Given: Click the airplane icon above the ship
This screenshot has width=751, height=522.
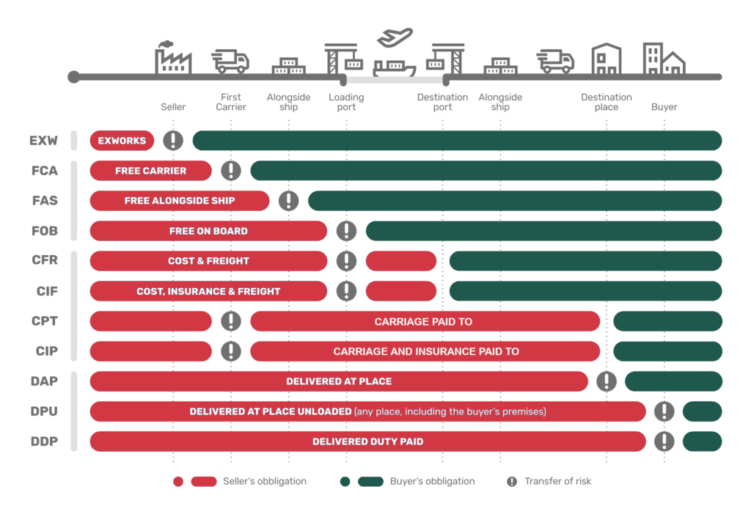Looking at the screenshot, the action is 395,37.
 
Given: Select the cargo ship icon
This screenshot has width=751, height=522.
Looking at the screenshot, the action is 394,68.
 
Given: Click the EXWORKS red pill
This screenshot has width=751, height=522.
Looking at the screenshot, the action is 122,140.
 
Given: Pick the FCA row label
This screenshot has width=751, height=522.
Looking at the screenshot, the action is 45,171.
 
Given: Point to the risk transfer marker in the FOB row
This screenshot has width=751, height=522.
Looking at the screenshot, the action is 346,231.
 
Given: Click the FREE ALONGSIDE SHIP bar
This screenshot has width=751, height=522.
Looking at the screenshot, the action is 180,201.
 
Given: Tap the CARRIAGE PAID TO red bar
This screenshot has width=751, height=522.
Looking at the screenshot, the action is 425,321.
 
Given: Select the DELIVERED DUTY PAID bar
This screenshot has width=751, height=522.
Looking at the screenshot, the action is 368,441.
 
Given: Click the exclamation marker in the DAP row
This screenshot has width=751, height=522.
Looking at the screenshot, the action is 607,381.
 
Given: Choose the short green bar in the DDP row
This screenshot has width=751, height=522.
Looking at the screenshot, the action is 702,441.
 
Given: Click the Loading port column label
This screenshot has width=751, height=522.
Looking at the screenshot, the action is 346,102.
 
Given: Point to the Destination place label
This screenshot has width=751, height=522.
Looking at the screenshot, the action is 607,102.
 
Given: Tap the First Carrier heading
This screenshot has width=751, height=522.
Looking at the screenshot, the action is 231,102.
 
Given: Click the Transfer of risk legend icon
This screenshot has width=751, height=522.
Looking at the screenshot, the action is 512,481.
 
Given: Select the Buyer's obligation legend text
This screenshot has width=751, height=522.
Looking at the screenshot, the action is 433,481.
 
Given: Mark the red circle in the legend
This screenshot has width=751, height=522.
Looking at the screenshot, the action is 178,481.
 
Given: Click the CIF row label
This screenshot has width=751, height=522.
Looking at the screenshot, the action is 47,291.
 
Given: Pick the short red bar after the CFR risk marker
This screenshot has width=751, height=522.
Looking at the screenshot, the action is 401,261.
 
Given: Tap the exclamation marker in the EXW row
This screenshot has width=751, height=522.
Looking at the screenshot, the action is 173,140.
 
